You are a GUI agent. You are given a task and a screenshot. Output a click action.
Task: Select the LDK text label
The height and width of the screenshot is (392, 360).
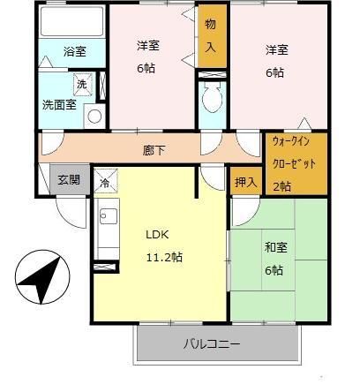point(158,236)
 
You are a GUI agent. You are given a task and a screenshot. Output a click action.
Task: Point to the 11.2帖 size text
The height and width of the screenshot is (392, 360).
point(163,257)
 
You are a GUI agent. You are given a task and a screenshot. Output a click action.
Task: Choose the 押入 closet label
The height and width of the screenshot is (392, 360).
point(246,182)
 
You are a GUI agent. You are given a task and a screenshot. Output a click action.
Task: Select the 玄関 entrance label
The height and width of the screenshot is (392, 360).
point(70,179)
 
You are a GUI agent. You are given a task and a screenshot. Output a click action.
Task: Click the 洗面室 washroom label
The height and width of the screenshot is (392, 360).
point(59,105)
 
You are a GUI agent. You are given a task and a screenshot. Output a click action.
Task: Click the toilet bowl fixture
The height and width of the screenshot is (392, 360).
point(212,104)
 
